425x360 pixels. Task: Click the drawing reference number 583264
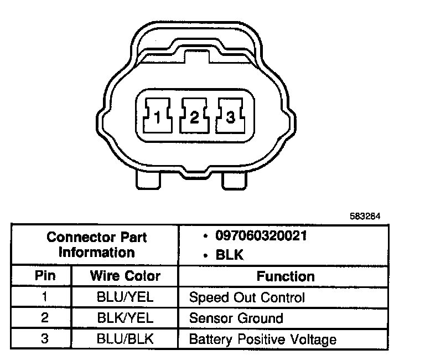(365, 217)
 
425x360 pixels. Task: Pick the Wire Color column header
(125, 276)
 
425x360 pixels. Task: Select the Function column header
(285, 276)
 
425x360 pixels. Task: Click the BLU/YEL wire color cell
(125, 297)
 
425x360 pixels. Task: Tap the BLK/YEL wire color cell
(125, 318)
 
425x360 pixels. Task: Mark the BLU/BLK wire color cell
(125, 338)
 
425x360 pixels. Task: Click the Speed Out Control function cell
(247, 297)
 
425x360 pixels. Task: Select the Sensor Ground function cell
(236, 318)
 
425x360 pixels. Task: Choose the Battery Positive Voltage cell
(263, 338)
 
